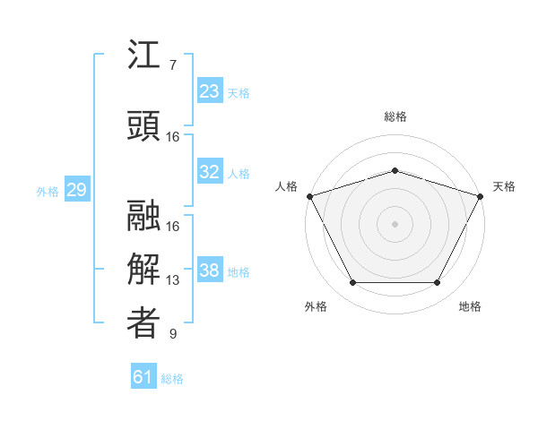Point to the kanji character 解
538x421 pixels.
[x=143, y=270]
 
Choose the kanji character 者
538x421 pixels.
[x=143, y=323]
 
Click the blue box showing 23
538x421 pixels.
[x=209, y=91]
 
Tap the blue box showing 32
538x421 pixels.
[x=209, y=173]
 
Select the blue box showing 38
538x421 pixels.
[x=209, y=271]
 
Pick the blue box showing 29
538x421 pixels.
[x=76, y=190]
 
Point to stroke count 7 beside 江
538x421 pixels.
[x=172, y=65]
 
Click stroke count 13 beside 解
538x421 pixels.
[x=173, y=280]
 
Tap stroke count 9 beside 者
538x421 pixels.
[x=172, y=334]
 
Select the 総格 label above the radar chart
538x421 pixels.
[x=395, y=116]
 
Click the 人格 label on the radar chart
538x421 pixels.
[x=286, y=186]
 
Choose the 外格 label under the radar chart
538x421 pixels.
[x=316, y=306]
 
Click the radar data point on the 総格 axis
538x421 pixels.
[x=395, y=170]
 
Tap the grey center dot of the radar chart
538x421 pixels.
[x=395, y=224]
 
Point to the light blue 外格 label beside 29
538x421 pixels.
[x=48, y=191]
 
